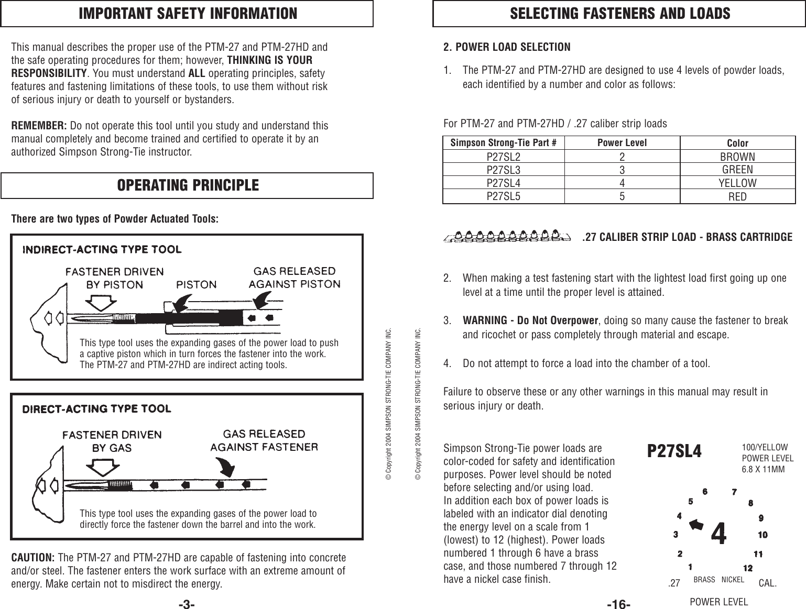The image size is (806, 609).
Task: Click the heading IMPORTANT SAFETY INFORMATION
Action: tap(187, 14)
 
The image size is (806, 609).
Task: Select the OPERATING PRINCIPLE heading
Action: tap(187, 185)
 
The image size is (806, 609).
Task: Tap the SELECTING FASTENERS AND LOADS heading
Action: tap(619, 14)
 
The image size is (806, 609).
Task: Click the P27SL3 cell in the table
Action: tap(504, 170)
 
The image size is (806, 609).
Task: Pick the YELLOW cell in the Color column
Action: tap(737, 183)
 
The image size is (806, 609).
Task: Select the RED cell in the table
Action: tap(737, 197)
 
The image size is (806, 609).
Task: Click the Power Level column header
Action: tap(622, 143)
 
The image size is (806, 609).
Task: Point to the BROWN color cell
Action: tap(737, 157)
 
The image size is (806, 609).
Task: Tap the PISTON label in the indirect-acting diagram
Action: tap(197, 285)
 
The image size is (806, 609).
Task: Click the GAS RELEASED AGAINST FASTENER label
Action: tap(264, 440)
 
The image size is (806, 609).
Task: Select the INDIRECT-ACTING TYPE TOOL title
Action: tap(102, 249)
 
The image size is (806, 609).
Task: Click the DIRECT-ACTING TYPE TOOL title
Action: tap(96, 408)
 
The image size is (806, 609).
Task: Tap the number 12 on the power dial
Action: tap(748, 568)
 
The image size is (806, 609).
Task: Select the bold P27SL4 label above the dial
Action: tap(674, 451)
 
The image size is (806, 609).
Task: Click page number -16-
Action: tap(618, 604)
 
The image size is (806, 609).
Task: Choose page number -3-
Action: tap(187, 604)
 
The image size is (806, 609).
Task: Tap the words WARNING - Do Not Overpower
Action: tap(530, 320)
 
